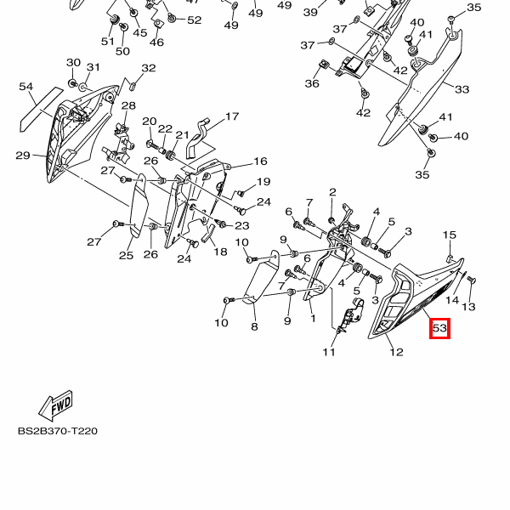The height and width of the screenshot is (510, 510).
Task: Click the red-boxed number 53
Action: point(439,328)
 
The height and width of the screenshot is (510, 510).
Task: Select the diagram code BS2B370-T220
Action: point(58,431)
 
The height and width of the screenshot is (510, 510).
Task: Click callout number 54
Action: point(25,87)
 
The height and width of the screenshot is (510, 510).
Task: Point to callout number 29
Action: point(23,155)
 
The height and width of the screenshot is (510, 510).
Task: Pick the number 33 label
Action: point(462,89)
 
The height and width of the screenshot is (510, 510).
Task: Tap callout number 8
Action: point(253,326)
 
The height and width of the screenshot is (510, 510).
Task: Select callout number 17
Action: point(231,116)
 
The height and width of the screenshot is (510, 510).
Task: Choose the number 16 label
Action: point(260,161)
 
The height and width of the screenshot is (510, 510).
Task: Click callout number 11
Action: point(329,352)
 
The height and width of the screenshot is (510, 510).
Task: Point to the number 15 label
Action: point(450,235)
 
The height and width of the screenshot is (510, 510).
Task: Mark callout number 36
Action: point(312,83)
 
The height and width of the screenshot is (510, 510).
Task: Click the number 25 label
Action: point(126,255)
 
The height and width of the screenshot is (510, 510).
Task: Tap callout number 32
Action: point(149,68)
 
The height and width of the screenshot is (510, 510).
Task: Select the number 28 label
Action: point(128,105)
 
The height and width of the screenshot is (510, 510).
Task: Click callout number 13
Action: point(468,306)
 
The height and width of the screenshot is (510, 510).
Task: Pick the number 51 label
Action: point(108,41)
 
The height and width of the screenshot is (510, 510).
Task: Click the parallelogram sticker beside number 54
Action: point(39,108)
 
